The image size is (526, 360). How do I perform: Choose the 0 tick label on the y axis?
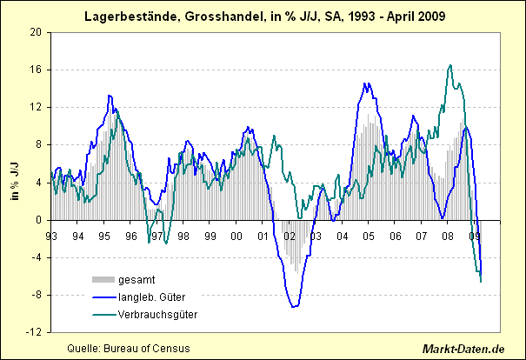coord(38,220)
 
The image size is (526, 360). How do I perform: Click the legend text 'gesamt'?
coord(138,279)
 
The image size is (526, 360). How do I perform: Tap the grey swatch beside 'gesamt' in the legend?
coord(103,279)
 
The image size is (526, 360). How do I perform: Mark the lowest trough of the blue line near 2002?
coord(294,307)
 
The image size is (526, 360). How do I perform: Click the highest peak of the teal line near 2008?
coord(449,65)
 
